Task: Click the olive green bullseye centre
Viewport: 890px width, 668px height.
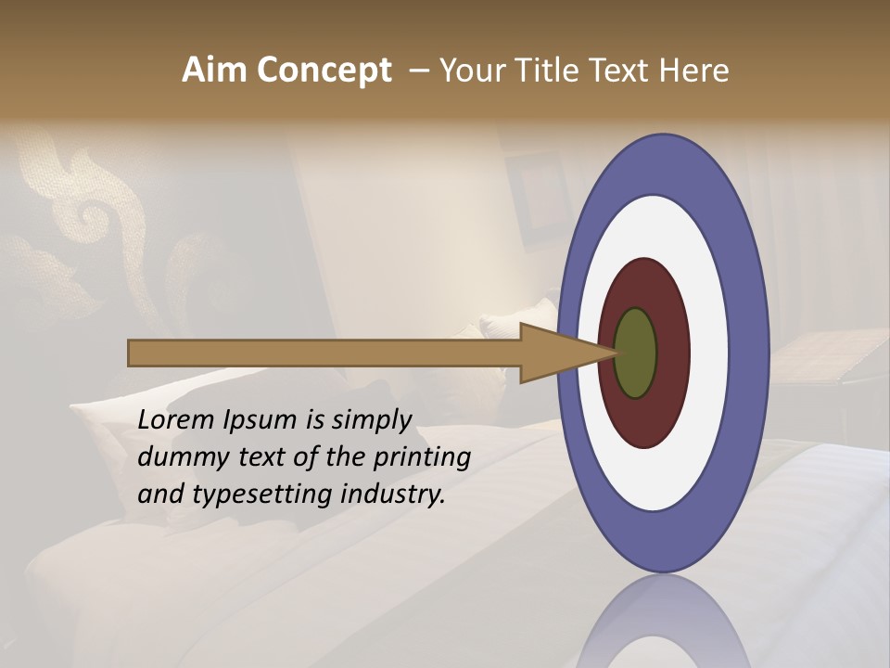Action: [x=635, y=353]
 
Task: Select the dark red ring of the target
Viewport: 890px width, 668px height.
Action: [x=673, y=353]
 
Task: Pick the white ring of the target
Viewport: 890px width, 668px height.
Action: [x=709, y=353]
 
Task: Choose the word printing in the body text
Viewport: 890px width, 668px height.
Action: [x=421, y=458]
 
